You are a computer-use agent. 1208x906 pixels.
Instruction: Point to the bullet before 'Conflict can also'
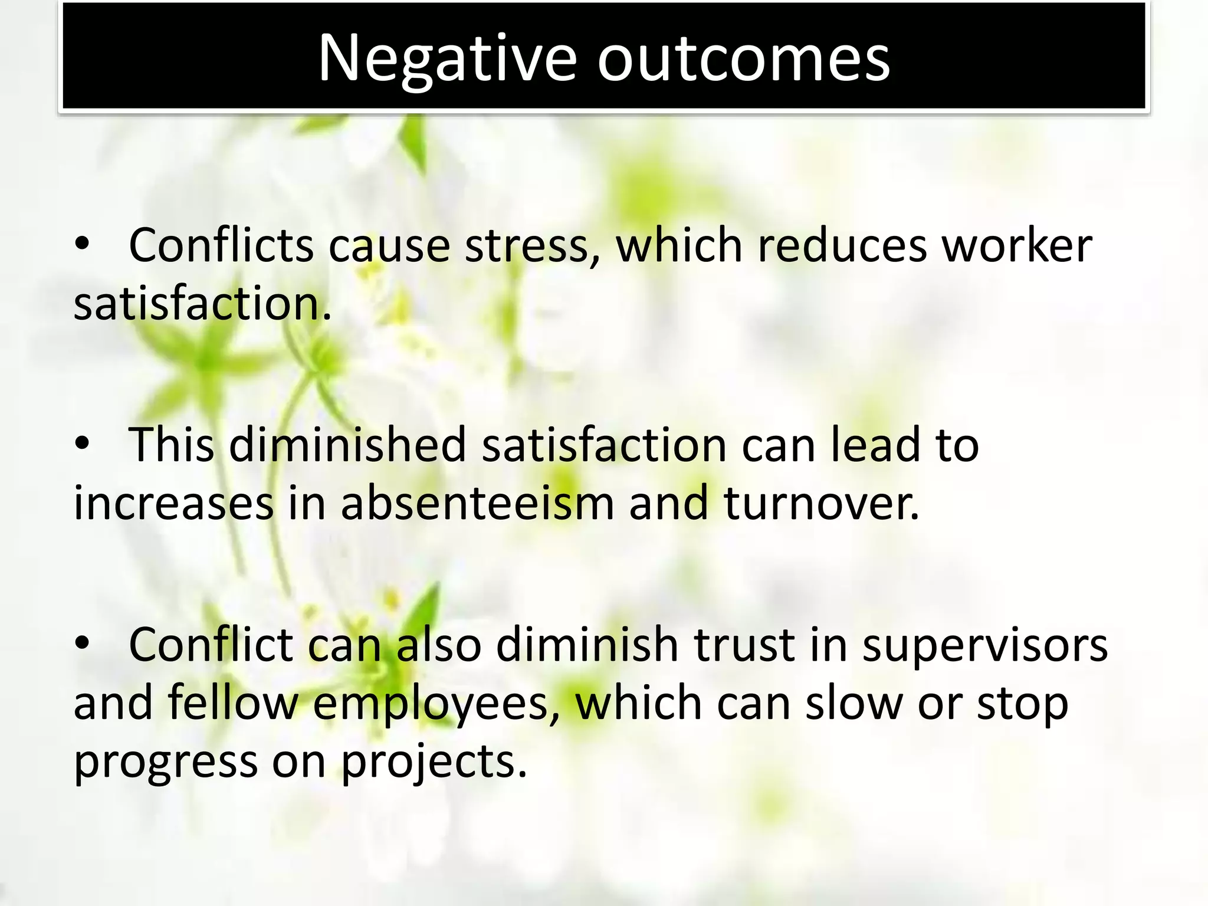(x=82, y=644)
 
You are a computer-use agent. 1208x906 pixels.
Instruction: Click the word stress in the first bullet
(x=526, y=245)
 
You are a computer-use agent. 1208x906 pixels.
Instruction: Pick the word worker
(x=1017, y=245)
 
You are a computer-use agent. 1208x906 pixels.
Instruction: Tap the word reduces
(x=842, y=245)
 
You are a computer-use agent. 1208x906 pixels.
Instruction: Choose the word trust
(x=744, y=645)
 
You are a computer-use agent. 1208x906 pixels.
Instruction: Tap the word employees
(x=435, y=704)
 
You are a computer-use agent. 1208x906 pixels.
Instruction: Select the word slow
(x=855, y=704)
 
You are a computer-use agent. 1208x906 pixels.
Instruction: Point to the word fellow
(x=233, y=704)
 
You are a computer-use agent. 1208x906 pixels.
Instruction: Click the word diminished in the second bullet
(x=348, y=445)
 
